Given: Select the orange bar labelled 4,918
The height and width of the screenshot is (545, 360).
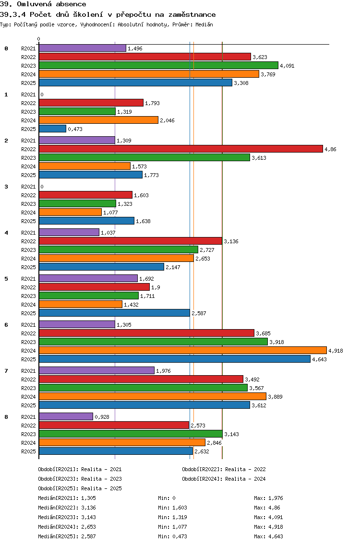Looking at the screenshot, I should click(x=182, y=351).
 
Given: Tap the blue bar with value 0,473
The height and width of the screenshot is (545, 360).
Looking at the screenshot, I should click(x=52, y=129).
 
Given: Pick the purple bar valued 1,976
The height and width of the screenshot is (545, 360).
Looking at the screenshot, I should click(x=96, y=371).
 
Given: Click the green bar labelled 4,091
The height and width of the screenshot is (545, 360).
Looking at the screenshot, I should click(x=158, y=66).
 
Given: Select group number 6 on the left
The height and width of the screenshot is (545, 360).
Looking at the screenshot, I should click(x=6, y=325).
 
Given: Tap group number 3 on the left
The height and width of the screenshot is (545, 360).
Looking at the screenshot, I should click(x=6, y=187).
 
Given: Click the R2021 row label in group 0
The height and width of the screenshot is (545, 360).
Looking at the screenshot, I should click(x=28, y=48).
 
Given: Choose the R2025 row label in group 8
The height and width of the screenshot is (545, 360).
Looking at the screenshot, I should click(x=28, y=451).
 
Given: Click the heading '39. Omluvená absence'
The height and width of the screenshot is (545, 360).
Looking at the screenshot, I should click(x=43, y=4).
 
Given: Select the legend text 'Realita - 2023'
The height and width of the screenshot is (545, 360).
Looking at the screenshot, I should click(x=101, y=479).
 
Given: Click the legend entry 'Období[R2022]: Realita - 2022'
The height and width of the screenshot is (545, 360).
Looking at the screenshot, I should click(x=224, y=469).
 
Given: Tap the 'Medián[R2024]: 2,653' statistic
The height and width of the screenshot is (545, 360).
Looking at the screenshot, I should click(x=67, y=527).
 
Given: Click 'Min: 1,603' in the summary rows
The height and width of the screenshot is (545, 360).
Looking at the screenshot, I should click(x=172, y=508).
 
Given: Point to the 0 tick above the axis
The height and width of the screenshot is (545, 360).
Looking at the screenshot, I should click(x=39, y=39).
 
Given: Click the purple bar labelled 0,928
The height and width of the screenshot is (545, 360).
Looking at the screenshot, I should click(x=66, y=417).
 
